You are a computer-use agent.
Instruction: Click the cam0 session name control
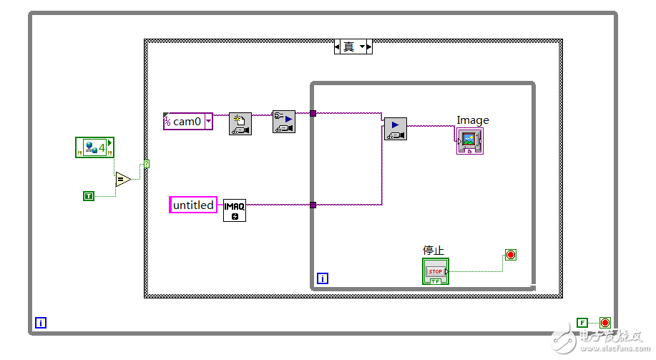click(188, 122)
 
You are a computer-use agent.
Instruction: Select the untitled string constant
click(193, 205)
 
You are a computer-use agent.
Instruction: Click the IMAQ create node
click(234, 210)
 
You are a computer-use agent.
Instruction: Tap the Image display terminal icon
click(469, 140)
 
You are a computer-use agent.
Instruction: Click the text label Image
click(473, 120)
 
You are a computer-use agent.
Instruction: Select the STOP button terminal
click(435, 271)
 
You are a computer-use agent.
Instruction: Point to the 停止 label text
click(434, 250)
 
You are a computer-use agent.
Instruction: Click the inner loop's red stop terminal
click(510, 255)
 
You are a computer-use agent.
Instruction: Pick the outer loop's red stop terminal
click(605, 323)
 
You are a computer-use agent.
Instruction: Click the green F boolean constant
click(582, 323)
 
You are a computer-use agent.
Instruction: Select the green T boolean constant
click(89, 195)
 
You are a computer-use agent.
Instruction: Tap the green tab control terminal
click(94, 148)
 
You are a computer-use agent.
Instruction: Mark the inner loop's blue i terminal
click(322, 278)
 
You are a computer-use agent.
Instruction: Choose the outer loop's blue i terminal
click(41, 323)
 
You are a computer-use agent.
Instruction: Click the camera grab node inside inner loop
click(395, 129)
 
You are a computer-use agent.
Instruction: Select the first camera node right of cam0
click(240, 124)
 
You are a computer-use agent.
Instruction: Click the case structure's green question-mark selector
click(147, 165)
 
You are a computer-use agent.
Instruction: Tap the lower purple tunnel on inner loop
click(313, 205)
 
